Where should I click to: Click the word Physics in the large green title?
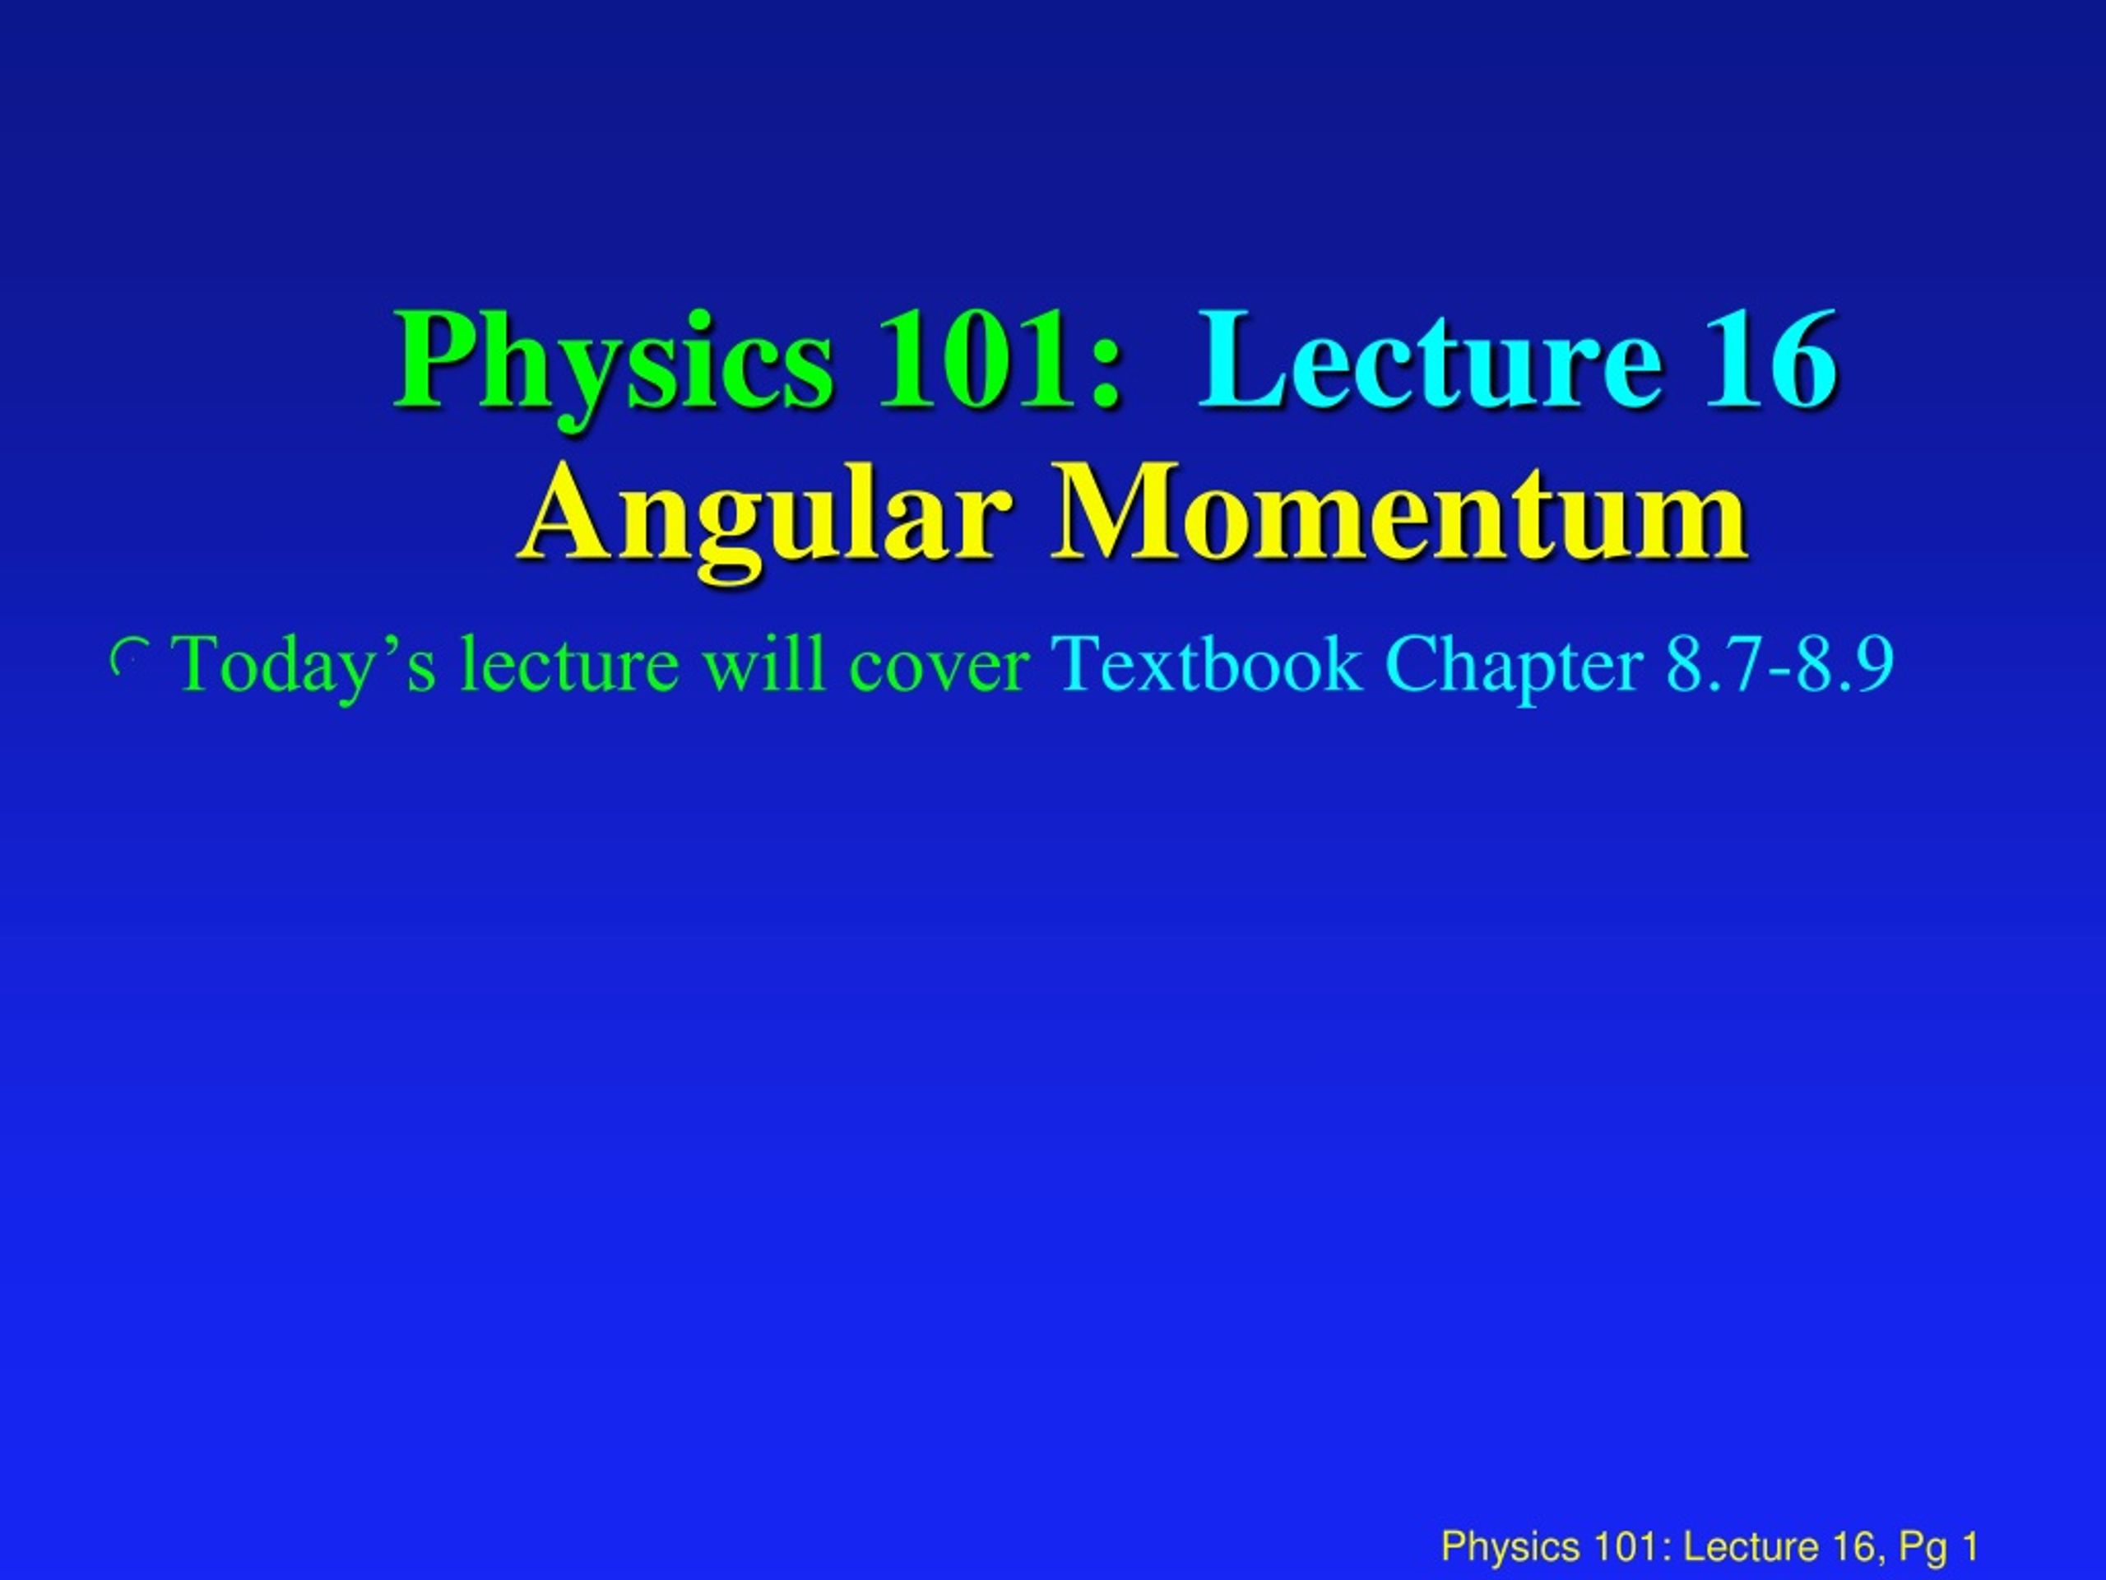point(613,364)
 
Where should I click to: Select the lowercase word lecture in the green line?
point(570,664)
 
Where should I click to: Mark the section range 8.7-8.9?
point(1779,664)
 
